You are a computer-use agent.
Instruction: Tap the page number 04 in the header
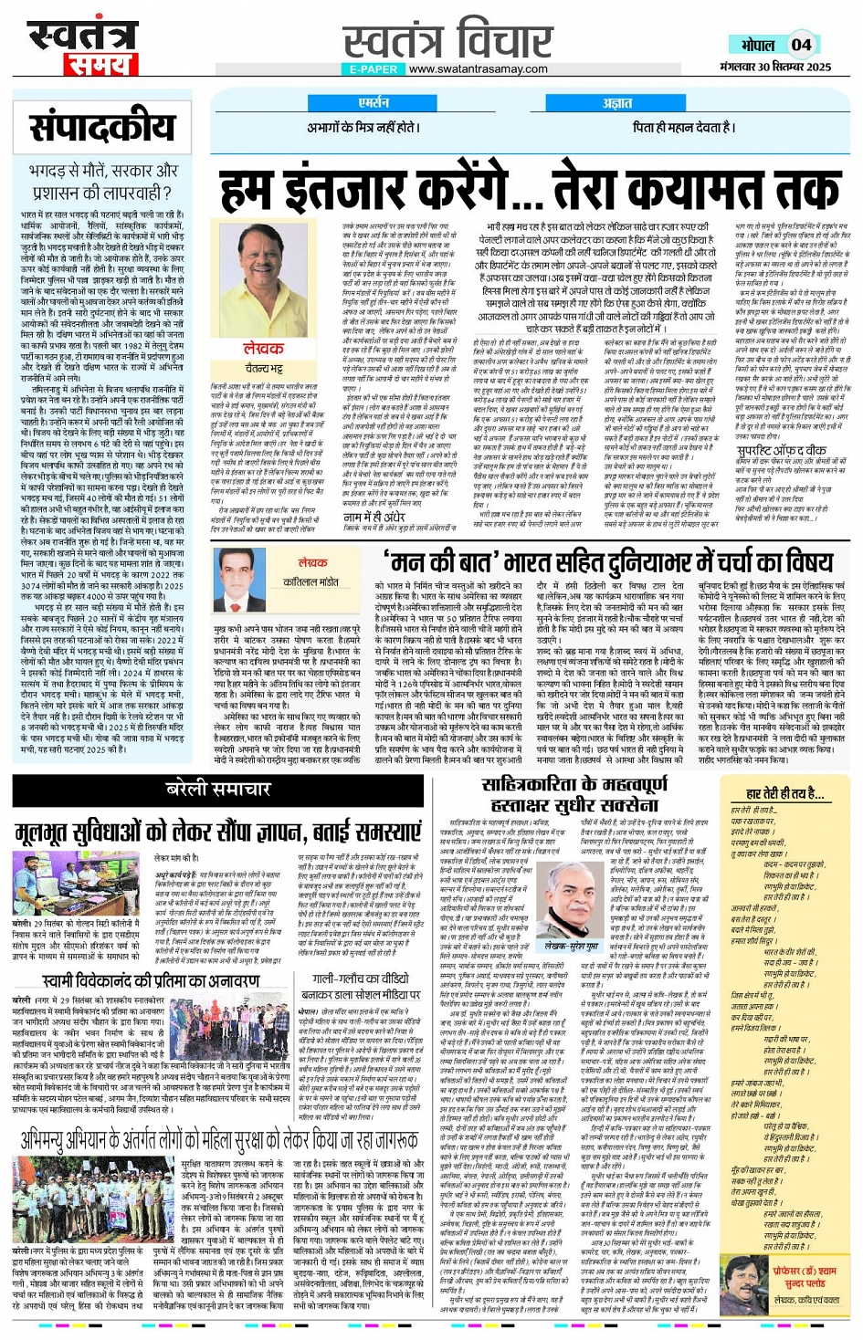(801, 44)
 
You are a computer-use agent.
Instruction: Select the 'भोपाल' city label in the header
(758, 45)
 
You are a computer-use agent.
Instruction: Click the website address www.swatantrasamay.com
(478, 68)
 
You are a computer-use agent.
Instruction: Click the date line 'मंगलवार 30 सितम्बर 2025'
(774, 67)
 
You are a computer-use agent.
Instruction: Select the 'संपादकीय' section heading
(102, 128)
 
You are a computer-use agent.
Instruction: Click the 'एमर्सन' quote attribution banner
(374, 103)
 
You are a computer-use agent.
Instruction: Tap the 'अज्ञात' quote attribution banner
(617, 103)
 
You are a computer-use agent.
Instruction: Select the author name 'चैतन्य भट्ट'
(263, 368)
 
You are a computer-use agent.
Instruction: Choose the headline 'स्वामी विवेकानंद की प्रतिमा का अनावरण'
(151, 980)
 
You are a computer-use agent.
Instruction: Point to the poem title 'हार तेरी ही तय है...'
(784, 793)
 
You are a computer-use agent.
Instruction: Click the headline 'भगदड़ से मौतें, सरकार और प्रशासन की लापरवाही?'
(102, 181)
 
